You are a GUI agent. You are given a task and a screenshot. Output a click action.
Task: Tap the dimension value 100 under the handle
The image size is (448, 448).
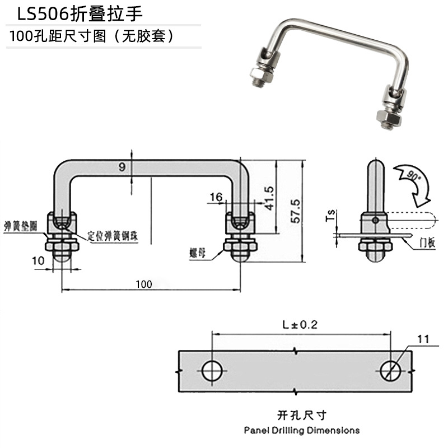(143, 284)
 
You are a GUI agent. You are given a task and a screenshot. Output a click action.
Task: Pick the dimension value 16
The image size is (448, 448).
(216, 197)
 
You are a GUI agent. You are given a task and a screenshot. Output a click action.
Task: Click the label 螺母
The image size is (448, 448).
(198, 253)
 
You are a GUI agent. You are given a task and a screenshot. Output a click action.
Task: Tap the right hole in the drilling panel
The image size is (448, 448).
(390, 370)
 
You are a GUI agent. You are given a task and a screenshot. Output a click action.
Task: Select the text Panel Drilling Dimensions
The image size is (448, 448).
(301, 431)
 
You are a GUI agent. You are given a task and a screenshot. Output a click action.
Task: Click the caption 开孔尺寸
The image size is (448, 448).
(301, 415)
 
